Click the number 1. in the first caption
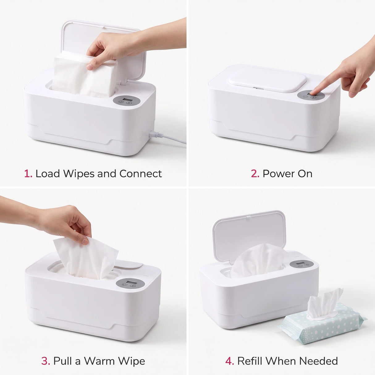[28, 174]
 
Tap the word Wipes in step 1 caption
[78, 174]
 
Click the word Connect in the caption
[141, 174]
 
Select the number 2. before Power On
[255, 174]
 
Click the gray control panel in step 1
[126, 101]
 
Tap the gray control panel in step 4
[301, 264]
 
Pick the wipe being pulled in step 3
[86, 258]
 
